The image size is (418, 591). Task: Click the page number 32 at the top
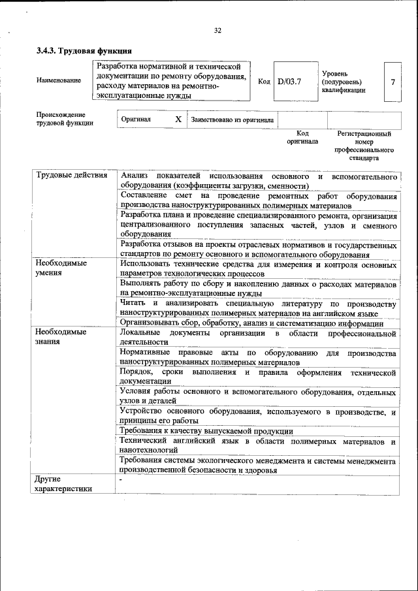(x=217, y=30)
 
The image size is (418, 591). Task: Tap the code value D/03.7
(x=288, y=82)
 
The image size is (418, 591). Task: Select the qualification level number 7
(x=392, y=82)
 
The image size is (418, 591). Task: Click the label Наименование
(x=59, y=80)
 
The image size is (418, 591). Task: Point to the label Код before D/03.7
(x=264, y=82)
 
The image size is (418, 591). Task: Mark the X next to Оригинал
(x=178, y=120)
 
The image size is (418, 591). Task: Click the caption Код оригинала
(x=302, y=137)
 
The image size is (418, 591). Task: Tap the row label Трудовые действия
(x=72, y=176)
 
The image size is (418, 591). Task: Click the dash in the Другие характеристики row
(x=121, y=480)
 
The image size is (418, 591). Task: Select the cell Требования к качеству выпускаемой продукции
(x=206, y=431)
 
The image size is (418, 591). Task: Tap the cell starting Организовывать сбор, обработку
(x=251, y=323)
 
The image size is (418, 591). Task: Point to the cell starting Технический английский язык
(x=259, y=446)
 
